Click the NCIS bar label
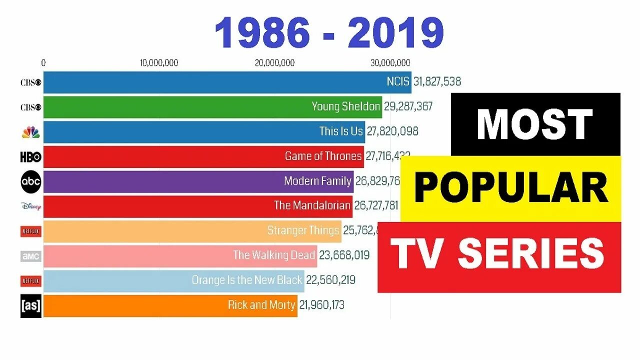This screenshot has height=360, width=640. pyautogui.click(x=398, y=81)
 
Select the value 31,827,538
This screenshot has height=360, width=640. pyautogui.click(x=437, y=81)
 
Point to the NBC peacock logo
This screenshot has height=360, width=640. pyautogui.click(x=30, y=132)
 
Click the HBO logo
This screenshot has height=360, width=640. pyautogui.click(x=30, y=157)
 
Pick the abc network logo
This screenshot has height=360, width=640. pyautogui.click(x=30, y=182)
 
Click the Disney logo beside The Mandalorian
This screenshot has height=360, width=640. pyautogui.click(x=30, y=206)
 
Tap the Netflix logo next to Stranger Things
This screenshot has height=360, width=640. pyautogui.click(x=30, y=231)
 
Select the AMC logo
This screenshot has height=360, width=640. pyautogui.click(x=30, y=256)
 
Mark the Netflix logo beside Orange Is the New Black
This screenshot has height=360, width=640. pyautogui.click(x=30, y=281)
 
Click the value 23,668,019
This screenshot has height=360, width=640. pyautogui.click(x=344, y=255)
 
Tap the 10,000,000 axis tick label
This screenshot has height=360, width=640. pyautogui.click(x=159, y=63)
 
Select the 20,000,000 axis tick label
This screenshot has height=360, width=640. pyautogui.click(x=274, y=63)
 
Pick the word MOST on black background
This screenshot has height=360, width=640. pyautogui.click(x=534, y=125)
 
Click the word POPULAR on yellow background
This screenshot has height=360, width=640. pyautogui.click(x=510, y=188)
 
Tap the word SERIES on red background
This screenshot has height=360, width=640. pyautogui.click(x=531, y=254)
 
